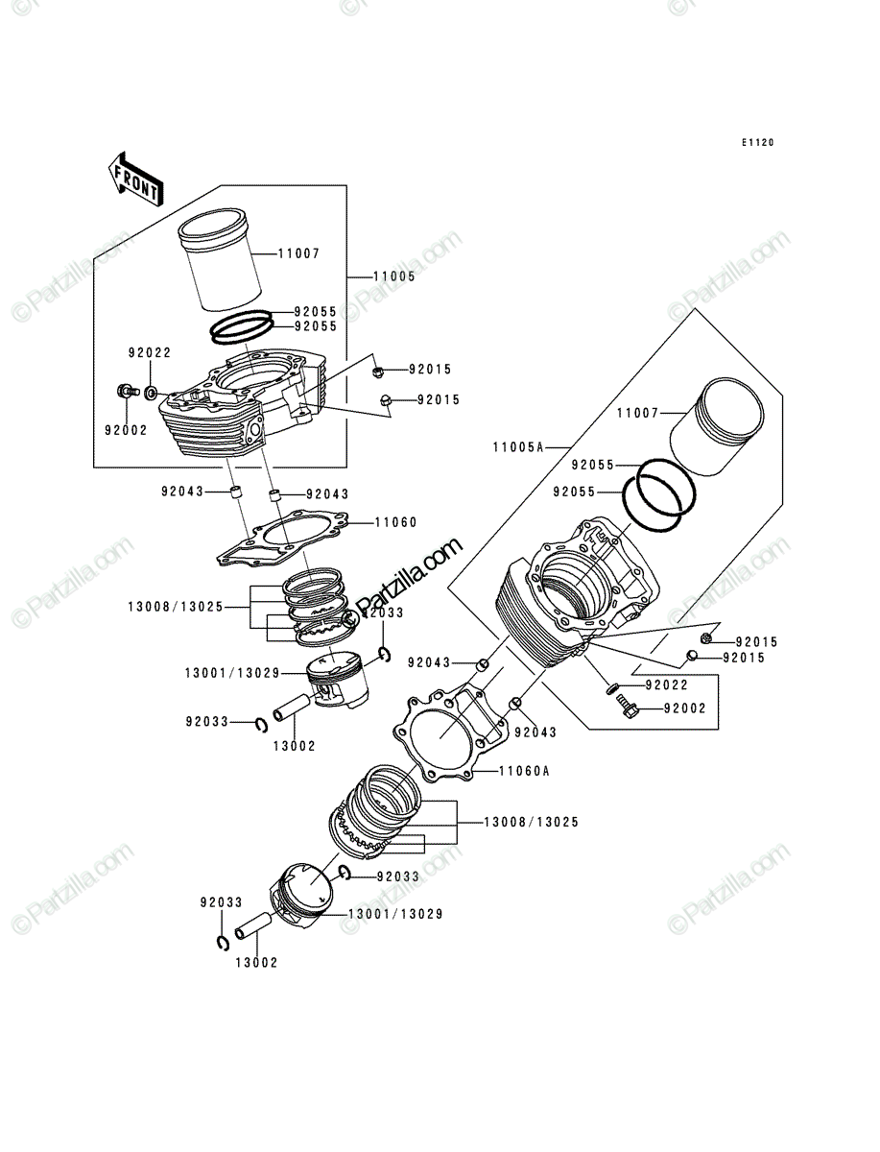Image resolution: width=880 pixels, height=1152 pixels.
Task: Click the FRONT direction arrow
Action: (136, 180)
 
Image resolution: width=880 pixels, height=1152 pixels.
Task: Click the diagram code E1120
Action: (757, 142)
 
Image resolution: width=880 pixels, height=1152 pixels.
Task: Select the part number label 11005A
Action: (517, 447)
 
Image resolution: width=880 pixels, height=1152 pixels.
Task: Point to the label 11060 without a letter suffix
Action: (395, 522)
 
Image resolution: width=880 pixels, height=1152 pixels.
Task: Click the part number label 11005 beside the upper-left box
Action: (393, 276)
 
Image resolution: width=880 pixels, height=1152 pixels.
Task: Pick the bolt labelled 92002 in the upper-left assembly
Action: (128, 391)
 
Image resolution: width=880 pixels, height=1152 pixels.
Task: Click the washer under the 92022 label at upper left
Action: (151, 392)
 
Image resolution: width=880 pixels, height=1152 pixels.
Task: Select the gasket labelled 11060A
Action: (450, 739)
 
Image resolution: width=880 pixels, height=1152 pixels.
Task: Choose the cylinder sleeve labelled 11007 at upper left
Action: (221, 261)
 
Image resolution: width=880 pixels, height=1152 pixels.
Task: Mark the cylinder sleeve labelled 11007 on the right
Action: (717, 426)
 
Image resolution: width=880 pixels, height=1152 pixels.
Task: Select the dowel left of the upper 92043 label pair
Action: (236, 493)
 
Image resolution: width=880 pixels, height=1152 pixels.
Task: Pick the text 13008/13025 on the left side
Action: (176, 607)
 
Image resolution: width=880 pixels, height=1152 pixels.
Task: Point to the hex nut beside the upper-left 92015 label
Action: (377, 372)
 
